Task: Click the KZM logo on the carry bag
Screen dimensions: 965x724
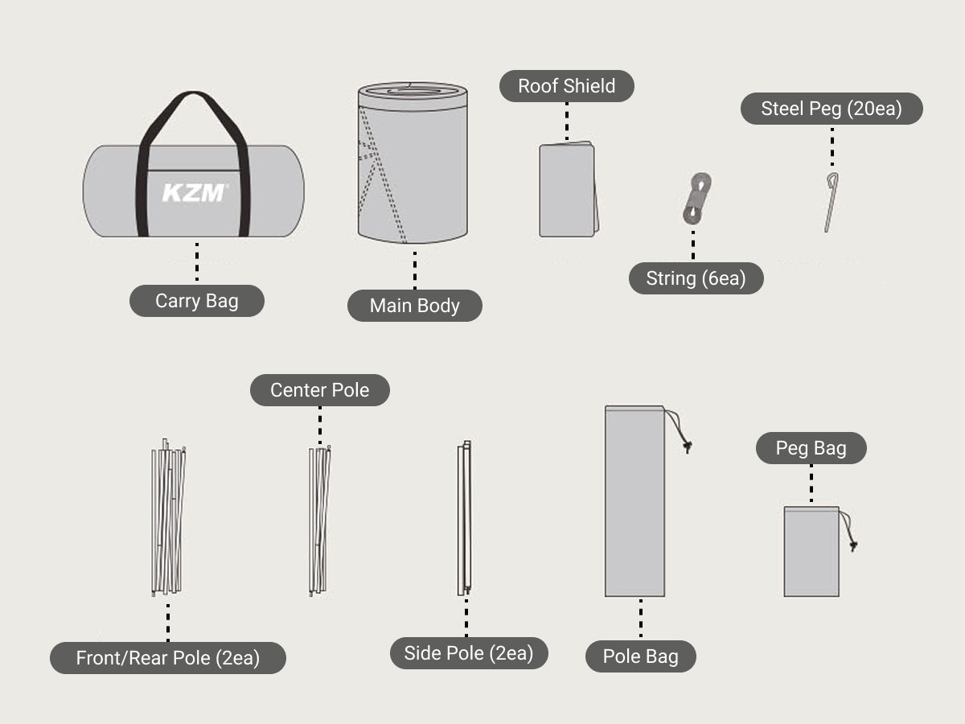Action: point(194,192)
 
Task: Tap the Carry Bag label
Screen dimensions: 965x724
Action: point(196,301)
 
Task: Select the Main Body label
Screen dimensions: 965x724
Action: point(415,306)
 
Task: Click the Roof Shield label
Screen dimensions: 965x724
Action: point(566,86)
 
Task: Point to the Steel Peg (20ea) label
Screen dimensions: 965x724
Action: point(832,109)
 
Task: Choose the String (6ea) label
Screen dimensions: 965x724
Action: point(696,278)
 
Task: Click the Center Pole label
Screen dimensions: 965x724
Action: point(319,390)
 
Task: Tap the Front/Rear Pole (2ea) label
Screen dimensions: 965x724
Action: point(168,658)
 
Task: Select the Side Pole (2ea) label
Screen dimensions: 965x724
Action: point(469,653)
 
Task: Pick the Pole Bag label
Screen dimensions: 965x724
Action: point(641,656)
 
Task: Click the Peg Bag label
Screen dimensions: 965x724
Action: point(811,448)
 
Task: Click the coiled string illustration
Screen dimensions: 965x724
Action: point(697,198)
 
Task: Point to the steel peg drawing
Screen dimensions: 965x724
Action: point(831,202)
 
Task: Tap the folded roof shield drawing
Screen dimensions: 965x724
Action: point(569,189)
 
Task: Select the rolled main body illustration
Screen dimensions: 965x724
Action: point(413,162)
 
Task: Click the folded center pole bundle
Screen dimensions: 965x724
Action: point(319,520)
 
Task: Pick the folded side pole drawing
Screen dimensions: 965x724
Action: point(465,518)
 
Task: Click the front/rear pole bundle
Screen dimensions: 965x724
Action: point(168,517)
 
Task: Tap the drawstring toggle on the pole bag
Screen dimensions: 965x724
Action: point(687,447)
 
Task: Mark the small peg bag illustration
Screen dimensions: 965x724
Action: point(811,552)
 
